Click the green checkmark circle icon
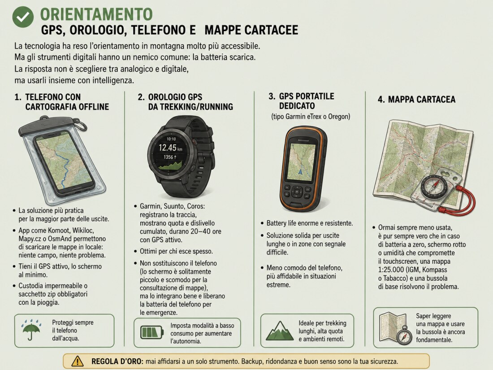pyautogui.click(x=23, y=17)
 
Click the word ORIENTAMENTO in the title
pyautogui.click(x=96, y=14)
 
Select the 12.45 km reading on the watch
pyautogui.click(x=170, y=148)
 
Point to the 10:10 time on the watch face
pyautogui.click(x=171, y=139)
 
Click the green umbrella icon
pyautogui.click(x=31, y=330)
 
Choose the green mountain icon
pyautogui.click(x=280, y=331)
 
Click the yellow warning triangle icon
pyautogui.click(x=78, y=361)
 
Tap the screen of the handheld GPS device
pyautogui.click(x=302, y=162)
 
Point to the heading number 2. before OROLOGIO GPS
pyautogui.click(x=141, y=97)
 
